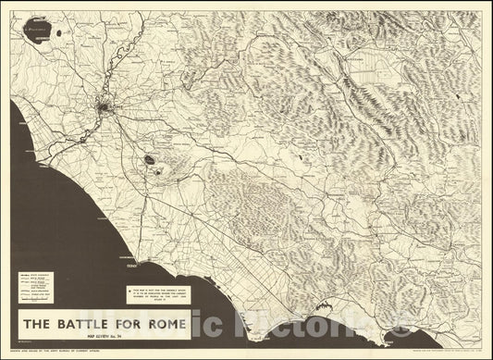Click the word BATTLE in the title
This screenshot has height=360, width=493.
(87, 324)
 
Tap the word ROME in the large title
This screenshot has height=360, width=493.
(162, 324)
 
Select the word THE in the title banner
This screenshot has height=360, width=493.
(40, 324)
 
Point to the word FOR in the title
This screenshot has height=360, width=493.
(129, 324)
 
